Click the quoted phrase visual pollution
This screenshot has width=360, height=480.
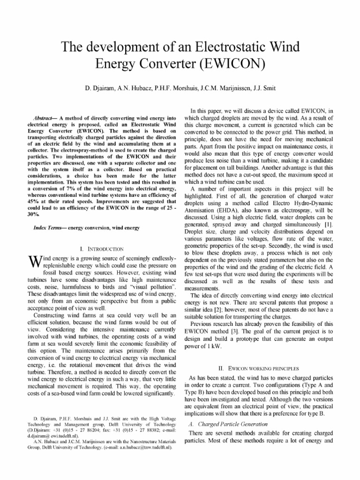(152, 285)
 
